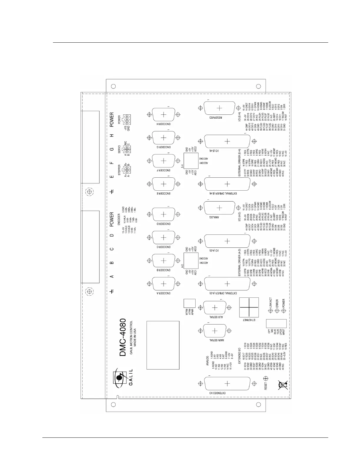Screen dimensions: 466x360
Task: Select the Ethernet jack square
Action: coord(249,307)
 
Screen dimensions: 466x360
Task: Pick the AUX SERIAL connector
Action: coord(215,307)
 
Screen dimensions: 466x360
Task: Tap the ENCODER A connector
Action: coord(163,284)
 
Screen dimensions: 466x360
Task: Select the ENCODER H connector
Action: coord(163,114)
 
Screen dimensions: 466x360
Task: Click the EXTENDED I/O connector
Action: coord(227,383)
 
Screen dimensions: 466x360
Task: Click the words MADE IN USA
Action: coord(135,338)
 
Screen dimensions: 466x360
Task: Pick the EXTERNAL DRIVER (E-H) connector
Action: coord(227,184)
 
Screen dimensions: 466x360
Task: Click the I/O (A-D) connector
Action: coord(227,241)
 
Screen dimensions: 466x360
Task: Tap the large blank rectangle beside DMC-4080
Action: coord(163,345)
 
